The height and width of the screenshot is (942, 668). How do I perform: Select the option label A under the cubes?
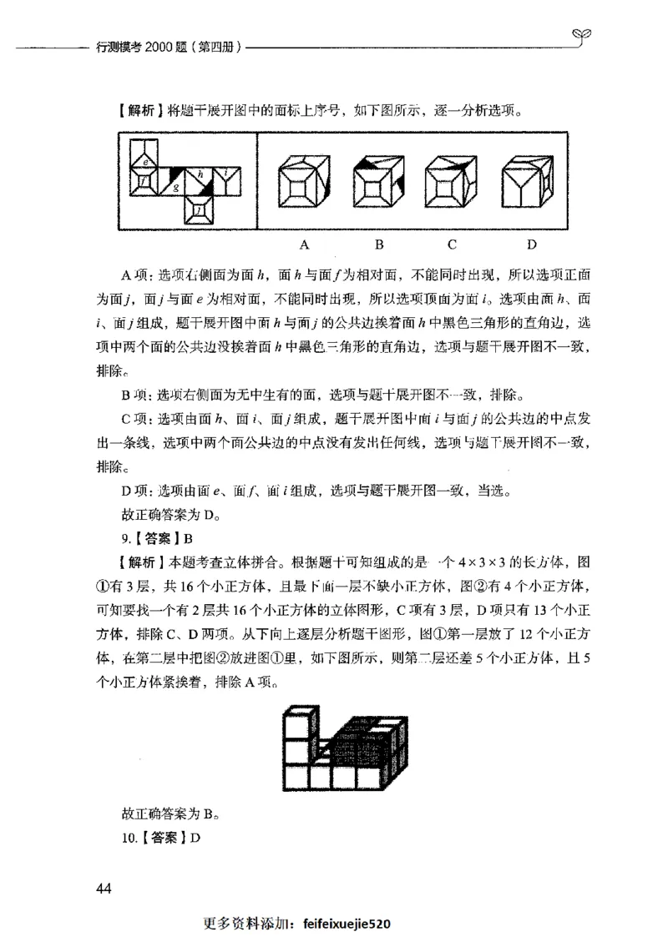(305, 245)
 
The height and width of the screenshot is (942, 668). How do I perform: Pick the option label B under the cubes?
(377, 245)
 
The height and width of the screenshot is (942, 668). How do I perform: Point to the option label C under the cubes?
(451, 245)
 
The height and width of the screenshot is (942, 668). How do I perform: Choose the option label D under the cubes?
(531, 245)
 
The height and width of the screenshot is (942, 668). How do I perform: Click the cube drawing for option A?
(304, 182)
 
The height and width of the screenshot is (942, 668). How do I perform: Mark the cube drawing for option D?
(531, 182)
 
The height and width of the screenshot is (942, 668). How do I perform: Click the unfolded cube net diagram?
(185, 184)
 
